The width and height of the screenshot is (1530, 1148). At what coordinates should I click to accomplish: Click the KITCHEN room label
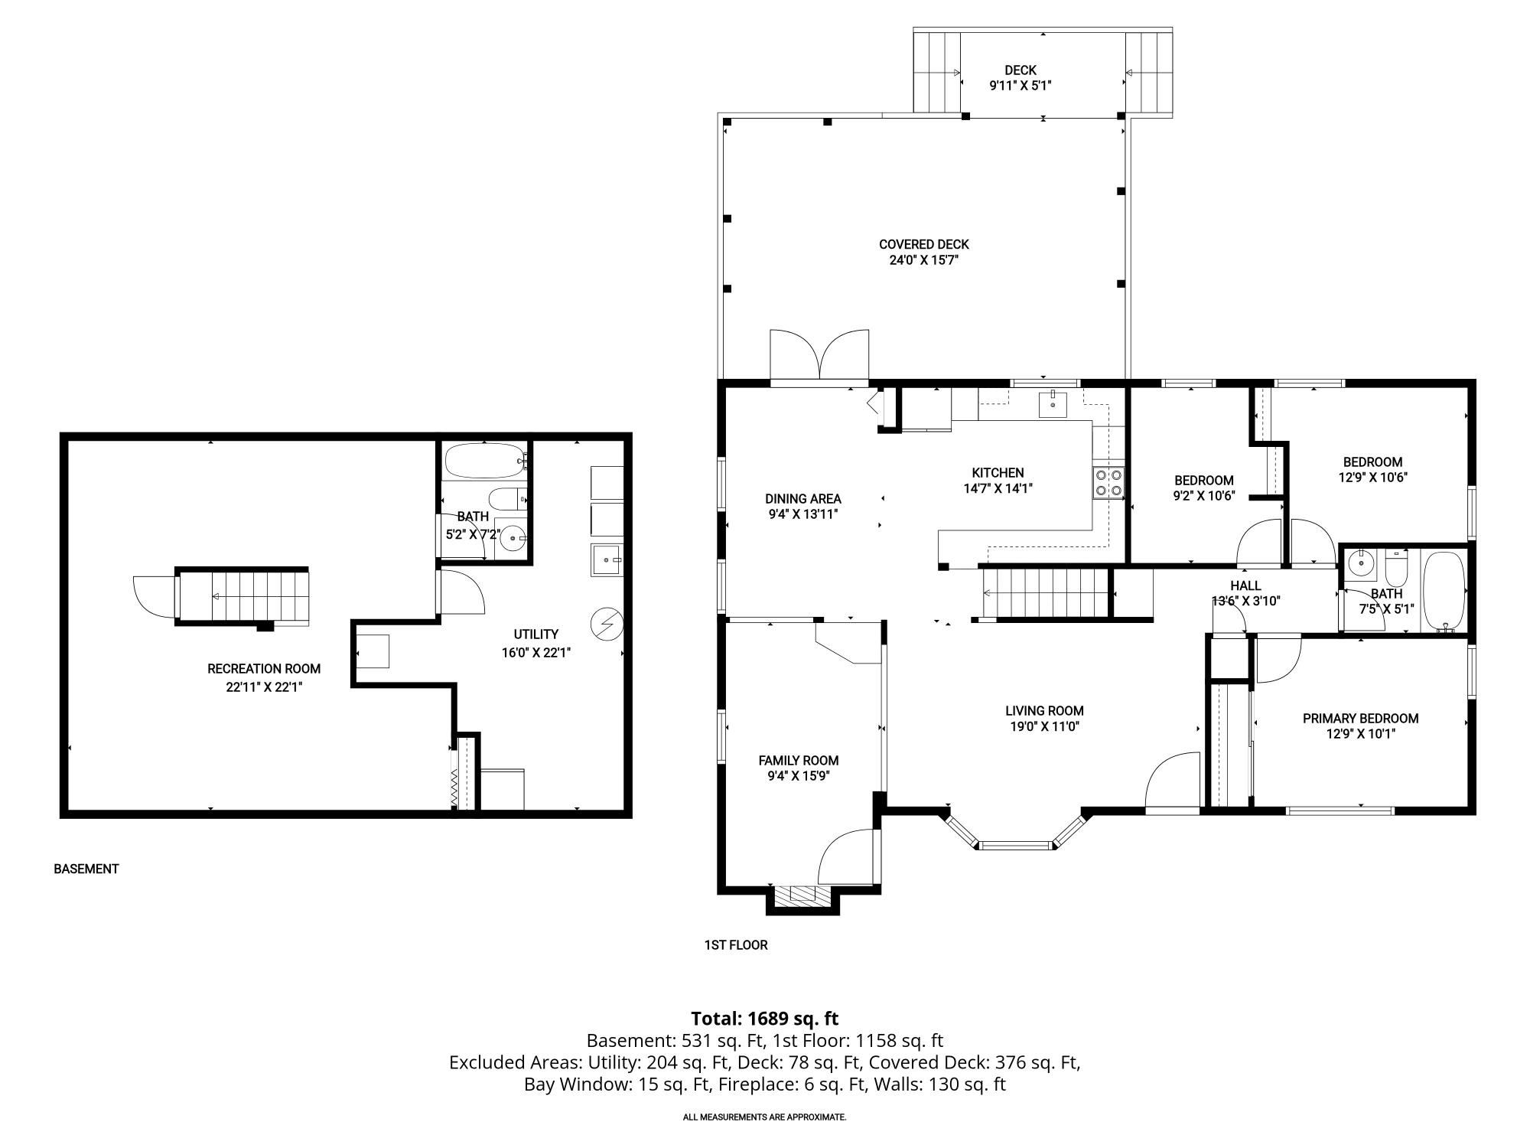click(x=998, y=473)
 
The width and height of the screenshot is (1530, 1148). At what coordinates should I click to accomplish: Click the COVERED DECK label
click(x=923, y=245)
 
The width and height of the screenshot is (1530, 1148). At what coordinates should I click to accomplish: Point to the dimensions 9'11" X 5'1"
click(x=1021, y=86)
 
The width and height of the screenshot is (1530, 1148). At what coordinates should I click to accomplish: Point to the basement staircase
click(x=243, y=597)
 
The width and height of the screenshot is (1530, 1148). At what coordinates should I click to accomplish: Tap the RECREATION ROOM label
click(x=264, y=669)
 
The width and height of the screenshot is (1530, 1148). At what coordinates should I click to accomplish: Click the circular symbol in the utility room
click(x=607, y=625)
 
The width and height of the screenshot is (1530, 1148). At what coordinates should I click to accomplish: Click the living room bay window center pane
click(x=1015, y=846)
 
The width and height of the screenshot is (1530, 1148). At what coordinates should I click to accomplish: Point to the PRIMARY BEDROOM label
click(x=1360, y=719)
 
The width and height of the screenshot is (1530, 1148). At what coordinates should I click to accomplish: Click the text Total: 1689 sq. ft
click(x=764, y=1019)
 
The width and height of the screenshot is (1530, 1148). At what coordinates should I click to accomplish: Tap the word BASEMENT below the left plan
click(x=86, y=869)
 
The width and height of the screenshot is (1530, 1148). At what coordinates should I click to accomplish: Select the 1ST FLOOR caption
click(x=735, y=945)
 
